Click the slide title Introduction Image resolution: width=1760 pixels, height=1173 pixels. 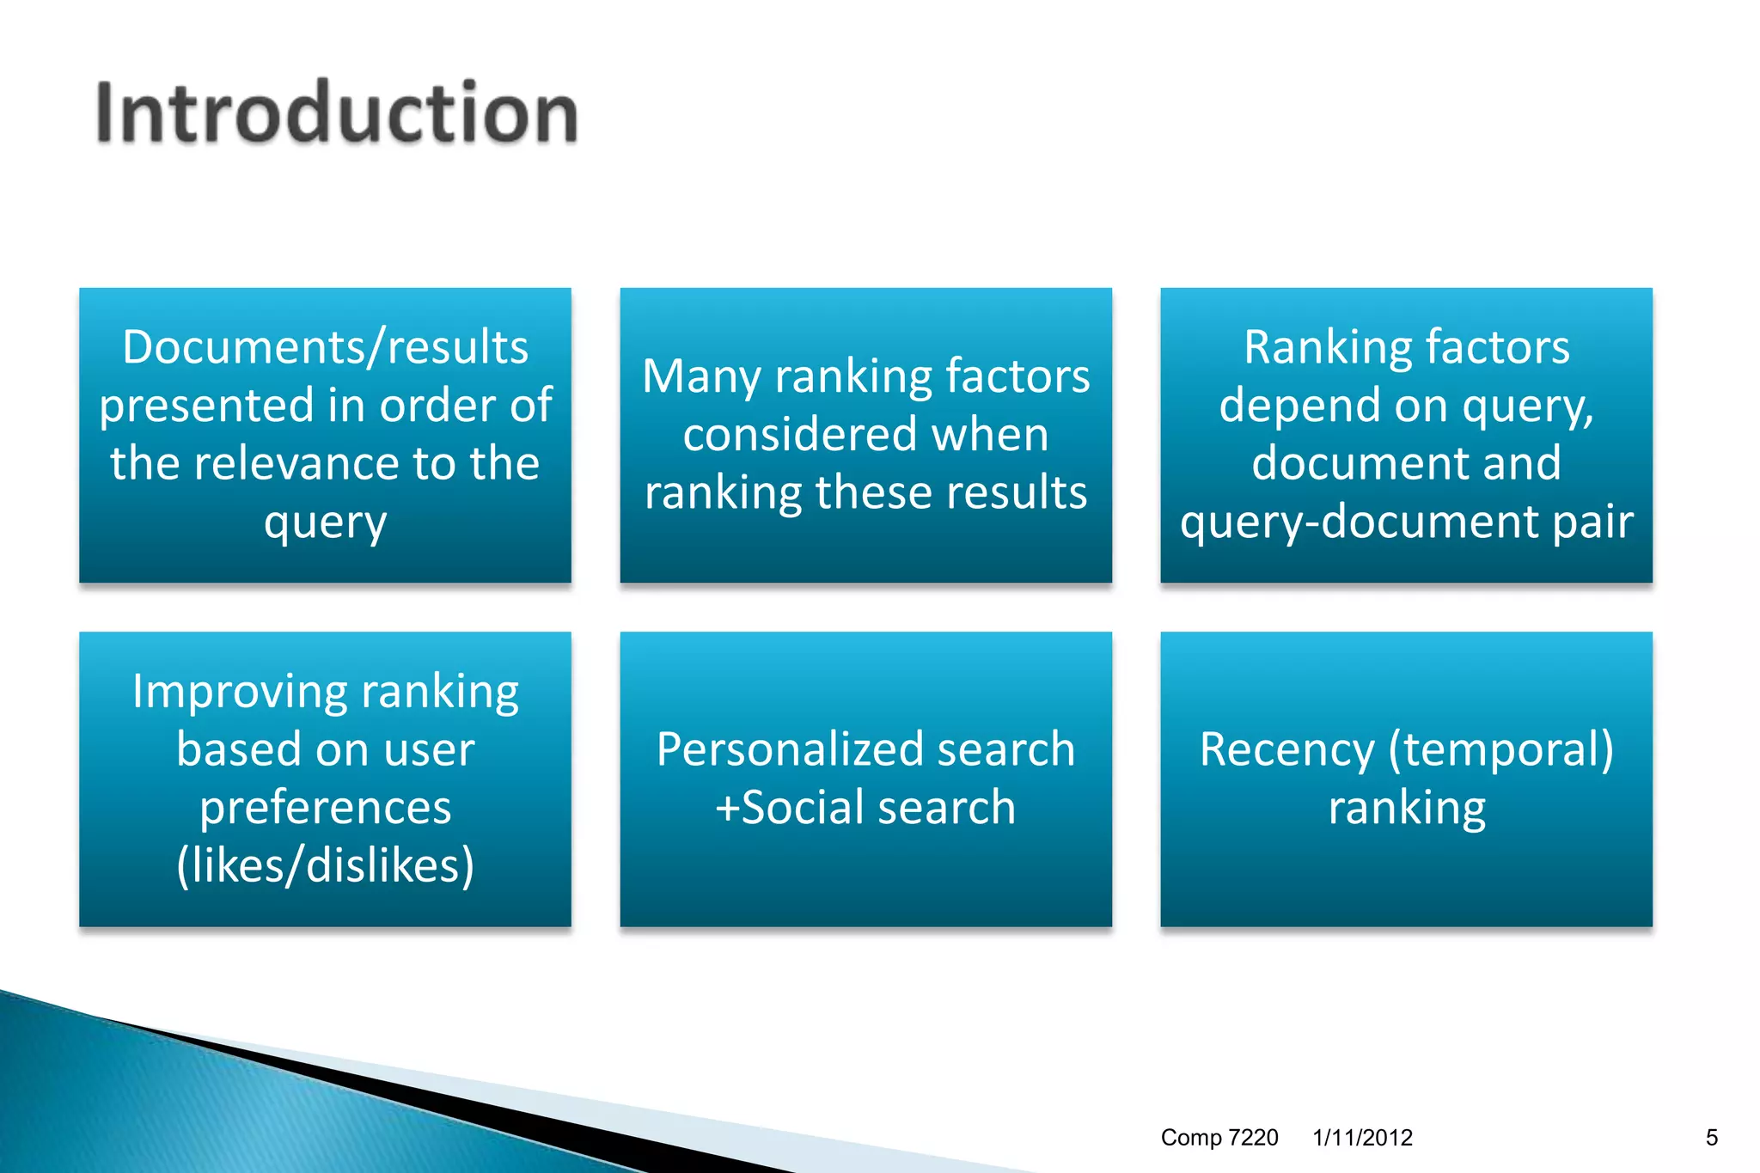pos(336,113)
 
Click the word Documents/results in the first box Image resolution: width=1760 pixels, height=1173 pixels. pos(325,347)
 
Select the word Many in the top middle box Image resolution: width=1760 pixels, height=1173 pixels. pos(701,376)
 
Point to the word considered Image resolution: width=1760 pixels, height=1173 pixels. pos(798,435)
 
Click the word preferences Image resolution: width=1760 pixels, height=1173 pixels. pos(325,808)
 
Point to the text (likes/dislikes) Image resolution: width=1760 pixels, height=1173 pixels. pos(325,865)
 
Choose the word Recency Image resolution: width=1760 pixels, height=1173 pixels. pos(1286,749)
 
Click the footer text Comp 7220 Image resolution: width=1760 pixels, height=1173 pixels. pos(1219,1138)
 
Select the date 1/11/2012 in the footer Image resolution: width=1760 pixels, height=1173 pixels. pos(1362,1138)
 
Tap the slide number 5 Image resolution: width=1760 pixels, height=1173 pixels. pos(1711,1138)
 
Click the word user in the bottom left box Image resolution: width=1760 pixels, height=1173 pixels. pos(429,749)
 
